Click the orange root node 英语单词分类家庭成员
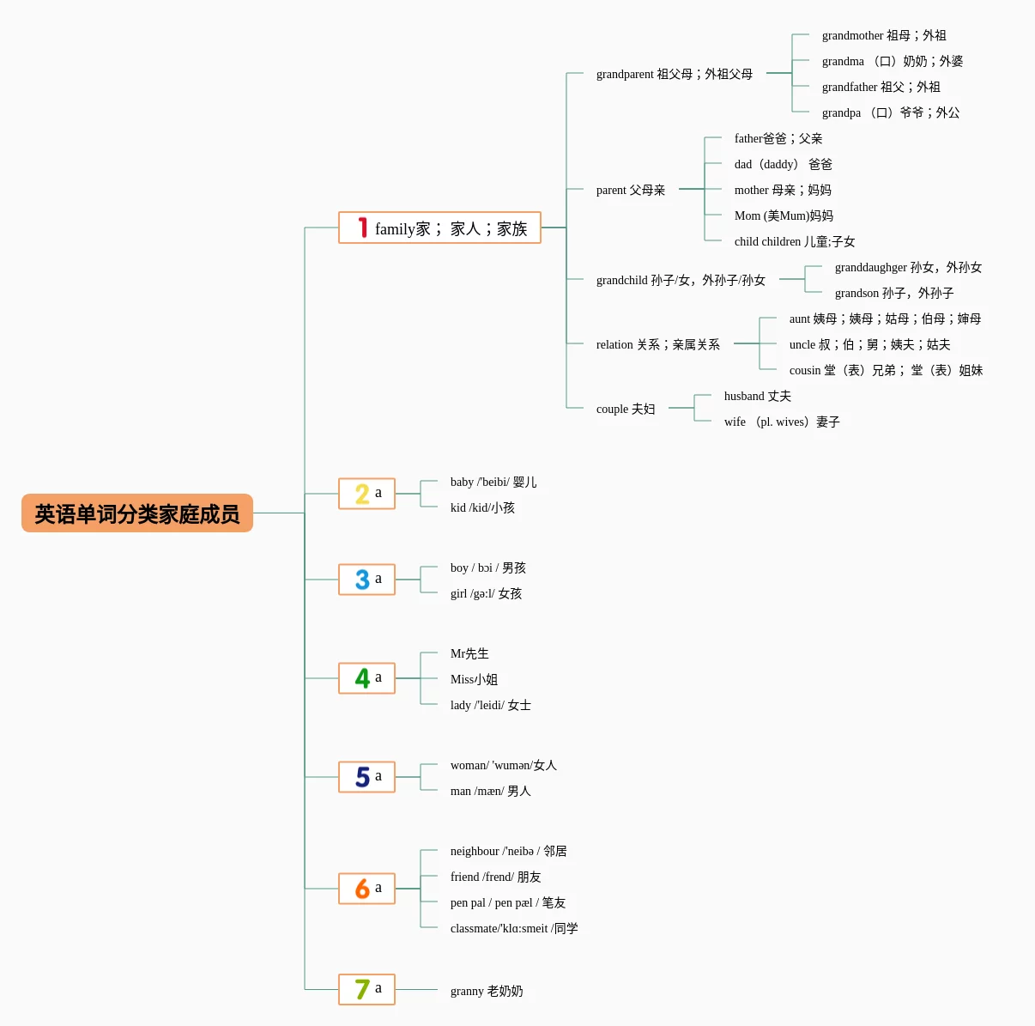click(137, 513)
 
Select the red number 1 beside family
click(363, 228)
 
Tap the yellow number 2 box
click(366, 494)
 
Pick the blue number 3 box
click(366, 580)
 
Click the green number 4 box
click(366, 678)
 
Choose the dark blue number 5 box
click(366, 777)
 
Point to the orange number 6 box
click(366, 889)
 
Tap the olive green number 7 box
click(366, 989)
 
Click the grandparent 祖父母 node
click(674, 74)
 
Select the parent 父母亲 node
click(631, 190)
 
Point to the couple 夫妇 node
click(625, 409)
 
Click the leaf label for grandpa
click(891, 112)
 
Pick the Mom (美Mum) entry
click(784, 216)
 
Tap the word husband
click(744, 396)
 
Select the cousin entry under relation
click(886, 370)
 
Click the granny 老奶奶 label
click(487, 991)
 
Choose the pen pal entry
click(508, 902)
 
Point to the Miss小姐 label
click(474, 679)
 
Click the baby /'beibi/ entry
click(493, 483)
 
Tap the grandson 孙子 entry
click(894, 293)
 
